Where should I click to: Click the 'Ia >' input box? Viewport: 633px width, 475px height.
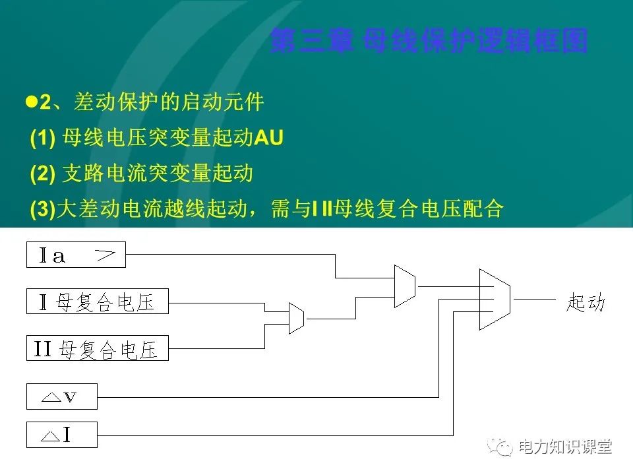point(76,255)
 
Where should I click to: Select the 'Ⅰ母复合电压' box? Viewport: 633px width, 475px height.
point(98,301)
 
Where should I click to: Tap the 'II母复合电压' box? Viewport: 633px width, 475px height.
point(98,348)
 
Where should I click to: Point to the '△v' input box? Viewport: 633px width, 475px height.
point(61,396)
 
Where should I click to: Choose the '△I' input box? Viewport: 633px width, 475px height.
point(61,435)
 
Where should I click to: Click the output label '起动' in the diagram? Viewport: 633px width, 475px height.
point(585,302)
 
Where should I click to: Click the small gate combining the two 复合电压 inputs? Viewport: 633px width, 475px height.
point(296,319)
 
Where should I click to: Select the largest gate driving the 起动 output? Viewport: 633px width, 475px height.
point(495,300)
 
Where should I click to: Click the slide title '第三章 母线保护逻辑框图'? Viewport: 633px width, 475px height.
point(429,41)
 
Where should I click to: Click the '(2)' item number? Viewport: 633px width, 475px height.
point(42,174)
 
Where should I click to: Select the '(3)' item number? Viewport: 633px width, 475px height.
point(42,209)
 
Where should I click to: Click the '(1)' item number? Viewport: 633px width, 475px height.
point(42,138)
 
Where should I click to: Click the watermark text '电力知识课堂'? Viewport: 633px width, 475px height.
point(565,447)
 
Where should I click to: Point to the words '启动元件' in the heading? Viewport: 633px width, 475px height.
point(232,102)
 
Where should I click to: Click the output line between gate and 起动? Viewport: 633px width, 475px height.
point(535,300)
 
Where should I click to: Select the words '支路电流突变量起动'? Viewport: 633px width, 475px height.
point(158,174)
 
